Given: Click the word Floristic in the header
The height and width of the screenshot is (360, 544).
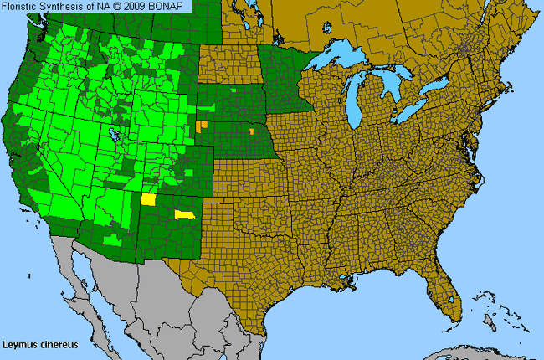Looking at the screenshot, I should (21, 6).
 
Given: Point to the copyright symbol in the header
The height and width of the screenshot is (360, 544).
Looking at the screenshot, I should (126, 6).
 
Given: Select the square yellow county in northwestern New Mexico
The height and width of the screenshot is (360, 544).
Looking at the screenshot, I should (149, 199).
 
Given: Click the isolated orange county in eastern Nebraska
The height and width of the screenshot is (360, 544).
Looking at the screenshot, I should (250, 131).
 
